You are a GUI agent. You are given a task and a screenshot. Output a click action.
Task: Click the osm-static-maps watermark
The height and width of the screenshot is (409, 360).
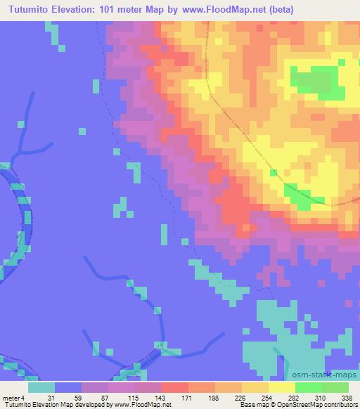tap(329, 375)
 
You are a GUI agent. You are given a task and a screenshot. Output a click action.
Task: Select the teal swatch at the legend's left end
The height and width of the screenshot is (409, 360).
tap(41, 387)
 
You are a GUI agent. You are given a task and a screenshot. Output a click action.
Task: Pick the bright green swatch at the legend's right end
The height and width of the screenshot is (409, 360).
tap(335, 387)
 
